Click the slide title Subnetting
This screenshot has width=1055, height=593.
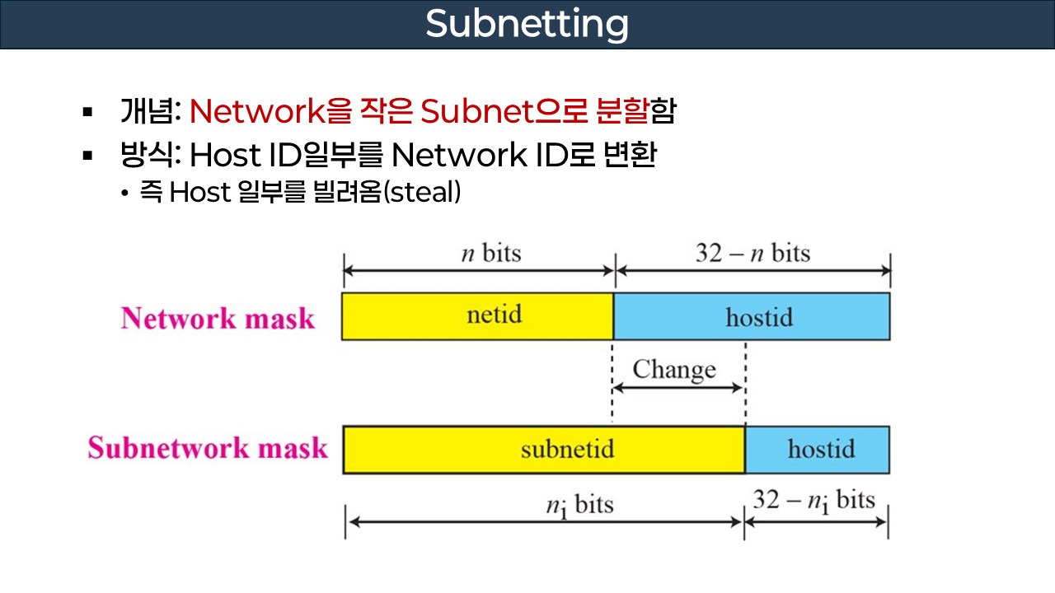pyautogui.click(x=527, y=25)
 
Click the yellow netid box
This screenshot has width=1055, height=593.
pyautogui.click(x=478, y=315)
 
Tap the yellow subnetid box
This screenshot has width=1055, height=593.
pyautogui.click(x=544, y=450)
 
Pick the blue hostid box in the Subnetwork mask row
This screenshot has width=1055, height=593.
pyautogui.click(x=817, y=450)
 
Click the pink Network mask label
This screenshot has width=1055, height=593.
pyautogui.click(x=218, y=319)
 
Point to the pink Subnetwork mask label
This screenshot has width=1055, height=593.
pyautogui.click(x=208, y=448)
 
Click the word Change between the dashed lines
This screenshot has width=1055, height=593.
pyautogui.click(x=674, y=369)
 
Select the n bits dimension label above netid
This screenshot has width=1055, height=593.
pyautogui.click(x=490, y=253)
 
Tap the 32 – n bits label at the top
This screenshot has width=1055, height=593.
pyautogui.click(x=753, y=253)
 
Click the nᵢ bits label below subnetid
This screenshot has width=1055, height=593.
pyautogui.click(x=579, y=504)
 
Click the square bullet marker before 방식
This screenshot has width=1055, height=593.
pyautogui.click(x=87, y=154)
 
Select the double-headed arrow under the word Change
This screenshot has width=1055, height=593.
pyautogui.click(x=678, y=388)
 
